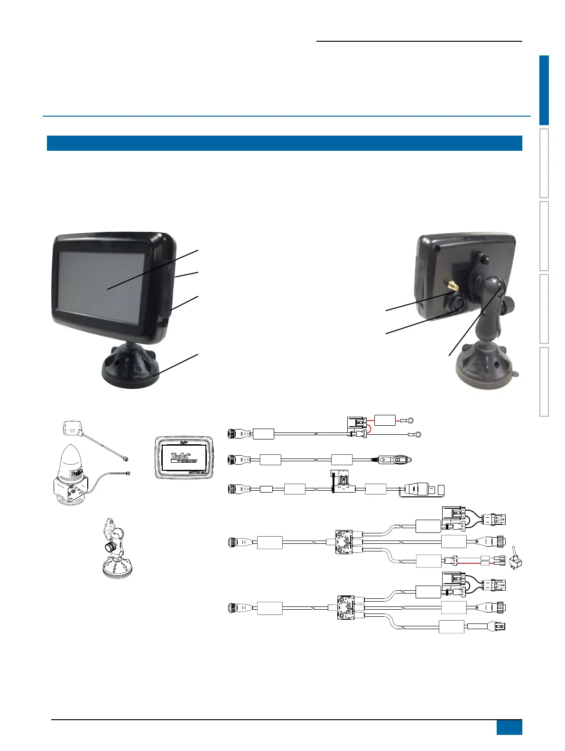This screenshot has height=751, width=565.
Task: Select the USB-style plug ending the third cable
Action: pos(421,490)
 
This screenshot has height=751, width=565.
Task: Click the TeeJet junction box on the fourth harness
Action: pos(345,542)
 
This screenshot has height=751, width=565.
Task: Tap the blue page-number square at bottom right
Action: pos(509,727)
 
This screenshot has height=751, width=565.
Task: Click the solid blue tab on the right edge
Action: pos(544,90)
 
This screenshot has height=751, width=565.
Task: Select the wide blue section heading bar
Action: pos(284,143)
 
